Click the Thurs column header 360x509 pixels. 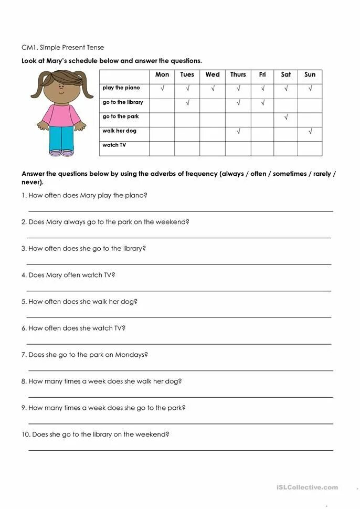[238, 75]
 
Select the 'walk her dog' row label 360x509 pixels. [119, 131]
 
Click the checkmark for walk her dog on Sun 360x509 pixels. [310, 132]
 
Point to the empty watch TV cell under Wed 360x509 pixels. [213, 149]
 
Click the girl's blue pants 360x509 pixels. [61, 139]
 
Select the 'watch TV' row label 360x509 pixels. [114, 145]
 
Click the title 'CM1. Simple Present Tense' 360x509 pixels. [62, 48]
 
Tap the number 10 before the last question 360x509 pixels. [25, 434]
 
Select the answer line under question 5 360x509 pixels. [179, 317]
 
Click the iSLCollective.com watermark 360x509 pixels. [307, 487]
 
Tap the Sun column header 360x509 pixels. [310, 75]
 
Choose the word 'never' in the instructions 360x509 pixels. [31, 183]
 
